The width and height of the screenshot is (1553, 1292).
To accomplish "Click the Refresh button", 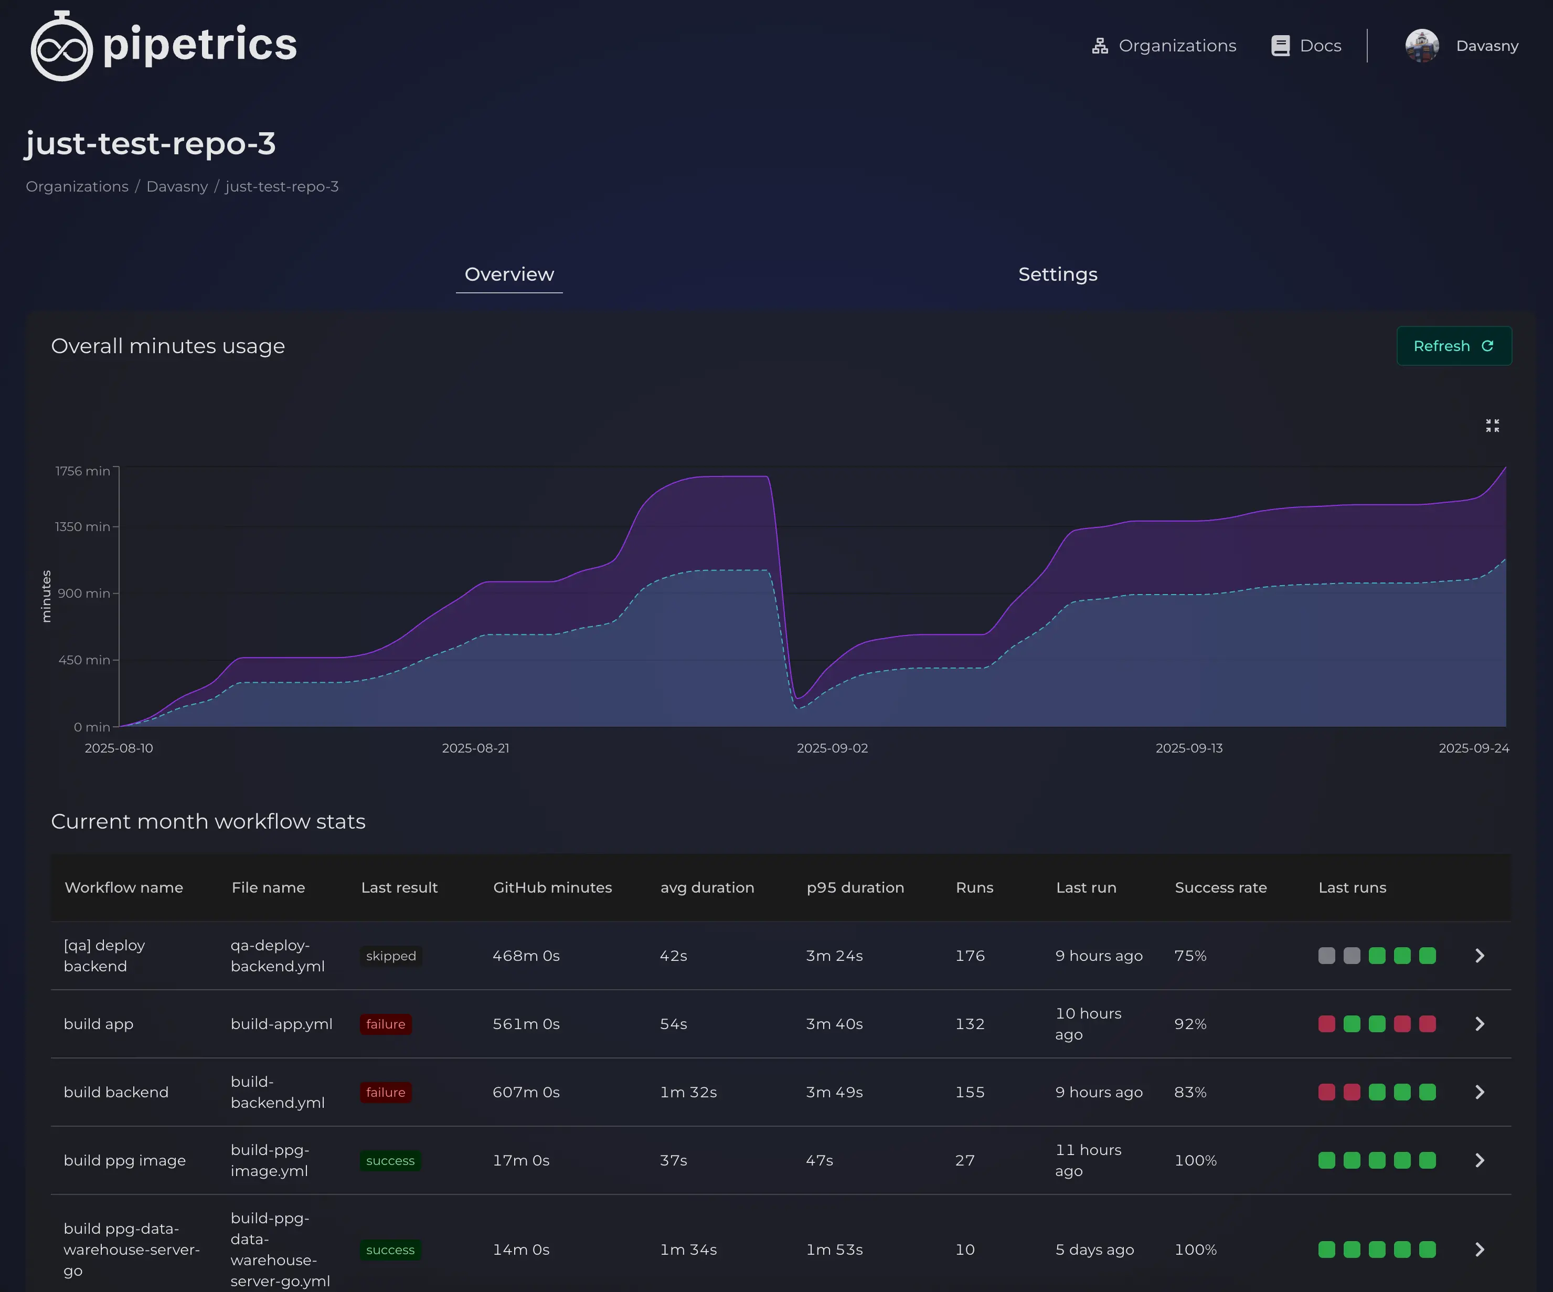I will (x=1453, y=346).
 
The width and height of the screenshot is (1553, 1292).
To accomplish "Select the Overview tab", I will (x=509, y=274).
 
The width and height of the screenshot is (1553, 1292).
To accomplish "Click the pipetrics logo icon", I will (x=61, y=46).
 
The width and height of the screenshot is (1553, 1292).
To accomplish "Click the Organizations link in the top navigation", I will (x=1164, y=46).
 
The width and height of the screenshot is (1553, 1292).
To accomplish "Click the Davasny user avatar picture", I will (x=1421, y=46).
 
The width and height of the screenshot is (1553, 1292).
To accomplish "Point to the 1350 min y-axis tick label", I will (x=82, y=526).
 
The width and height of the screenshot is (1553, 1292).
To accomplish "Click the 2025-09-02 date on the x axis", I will (x=832, y=748).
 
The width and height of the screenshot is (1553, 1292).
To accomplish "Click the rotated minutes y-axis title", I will (x=46, y=596).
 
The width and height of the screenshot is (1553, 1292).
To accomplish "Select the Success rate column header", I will (x=1220, y=887).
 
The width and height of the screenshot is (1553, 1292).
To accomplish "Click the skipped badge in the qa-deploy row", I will (x=390, y=956).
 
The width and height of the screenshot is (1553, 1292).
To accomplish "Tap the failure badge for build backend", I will (x=385, y=1092).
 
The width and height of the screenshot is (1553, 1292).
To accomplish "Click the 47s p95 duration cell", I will (x=820, y=1160).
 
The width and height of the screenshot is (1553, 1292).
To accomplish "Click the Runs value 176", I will (x=970, y=956).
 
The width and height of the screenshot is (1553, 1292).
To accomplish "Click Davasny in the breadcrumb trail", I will (x=177, y=186).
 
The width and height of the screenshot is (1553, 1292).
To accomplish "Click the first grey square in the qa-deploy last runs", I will (x=1327, y=956).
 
